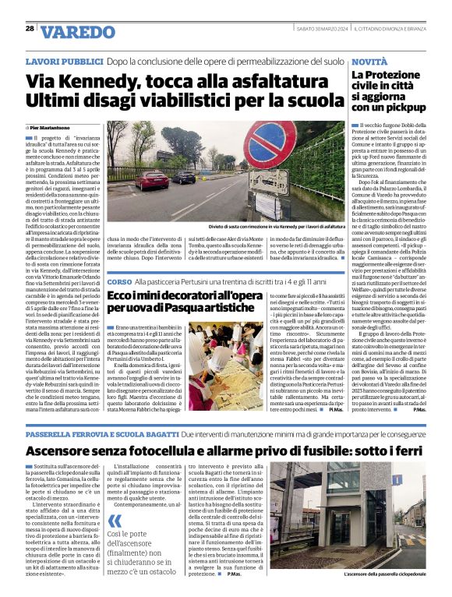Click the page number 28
(30, 29)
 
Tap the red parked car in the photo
(155, 181)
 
